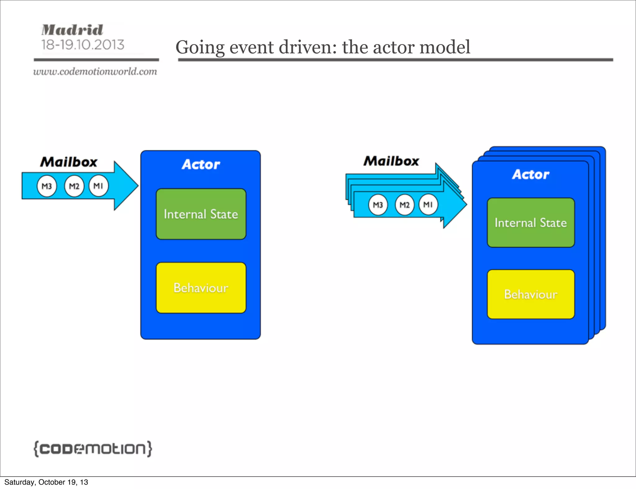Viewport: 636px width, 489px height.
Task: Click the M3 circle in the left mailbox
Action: (47, 186)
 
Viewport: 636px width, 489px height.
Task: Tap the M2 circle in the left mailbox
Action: (74, 186)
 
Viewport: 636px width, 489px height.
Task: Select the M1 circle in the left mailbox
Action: (98, 186)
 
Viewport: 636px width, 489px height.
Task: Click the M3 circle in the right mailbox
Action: (378, 205)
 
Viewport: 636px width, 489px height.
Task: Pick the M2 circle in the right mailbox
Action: (404, 205)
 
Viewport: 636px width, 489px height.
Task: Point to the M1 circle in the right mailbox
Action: (428, 204)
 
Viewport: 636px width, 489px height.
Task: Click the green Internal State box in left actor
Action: (201, 214)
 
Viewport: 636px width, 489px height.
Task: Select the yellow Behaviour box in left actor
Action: (201, 288)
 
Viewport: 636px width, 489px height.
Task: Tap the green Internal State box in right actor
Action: (531, 223)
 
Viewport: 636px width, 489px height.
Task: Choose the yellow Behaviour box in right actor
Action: (531, 294)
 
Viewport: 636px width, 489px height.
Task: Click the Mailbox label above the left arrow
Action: (69, 162)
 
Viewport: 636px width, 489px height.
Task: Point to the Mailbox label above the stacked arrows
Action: (391, 161)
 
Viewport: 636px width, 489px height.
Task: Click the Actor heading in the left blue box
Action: (201, 164)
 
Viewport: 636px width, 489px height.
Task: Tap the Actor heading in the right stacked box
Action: (530, 174)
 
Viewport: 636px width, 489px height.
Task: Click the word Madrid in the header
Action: (72, 30)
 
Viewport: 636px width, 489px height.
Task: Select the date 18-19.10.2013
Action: (83, 45)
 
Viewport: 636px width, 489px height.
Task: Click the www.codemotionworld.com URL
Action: (95, 72)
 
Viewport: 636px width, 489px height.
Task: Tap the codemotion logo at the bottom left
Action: (93, 449)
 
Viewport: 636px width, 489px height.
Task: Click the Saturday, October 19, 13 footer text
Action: (46, 482)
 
